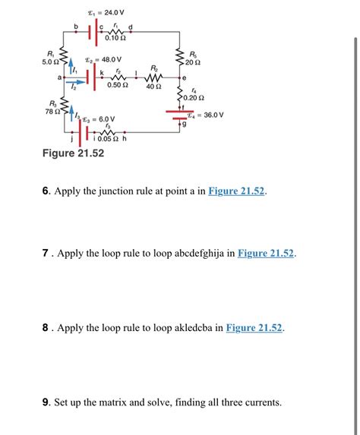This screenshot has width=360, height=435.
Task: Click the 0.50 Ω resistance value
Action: click(117, 86)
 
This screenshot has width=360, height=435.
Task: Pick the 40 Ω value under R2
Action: click(153, 87)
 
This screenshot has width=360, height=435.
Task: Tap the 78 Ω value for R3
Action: click(51, 111)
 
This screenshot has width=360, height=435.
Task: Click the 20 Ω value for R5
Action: click(193, 62)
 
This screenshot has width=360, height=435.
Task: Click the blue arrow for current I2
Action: click(77, 82)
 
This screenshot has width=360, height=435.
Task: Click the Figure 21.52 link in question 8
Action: click(254, 328)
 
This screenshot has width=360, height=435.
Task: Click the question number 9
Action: click(46, 402)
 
